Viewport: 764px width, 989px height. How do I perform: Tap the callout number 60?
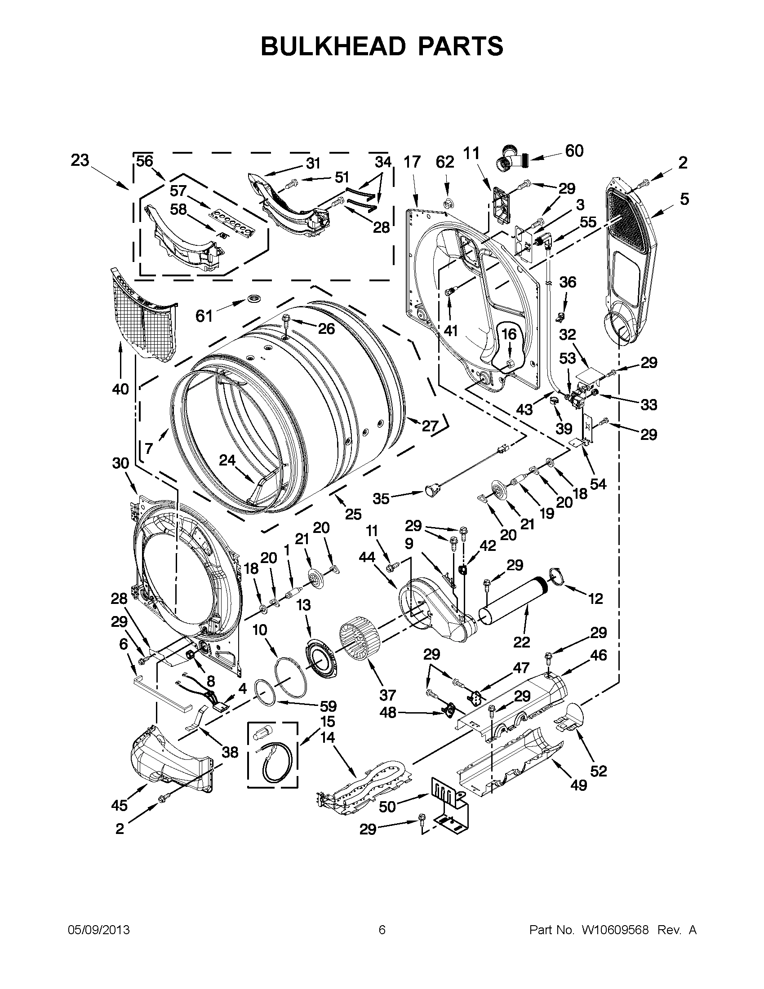tap(574, 151)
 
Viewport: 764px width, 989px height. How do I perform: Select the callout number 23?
tap(80, 160)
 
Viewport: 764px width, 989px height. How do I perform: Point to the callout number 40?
tap(120, 389)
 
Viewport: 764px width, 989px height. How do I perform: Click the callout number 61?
tap(204, 315)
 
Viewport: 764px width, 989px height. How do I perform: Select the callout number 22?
tap(522, 642)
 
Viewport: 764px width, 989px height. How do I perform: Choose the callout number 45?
tap(120, 805)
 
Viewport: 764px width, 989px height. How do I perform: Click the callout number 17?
tap(412, 162)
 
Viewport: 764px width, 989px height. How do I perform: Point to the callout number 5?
tap(684, 198)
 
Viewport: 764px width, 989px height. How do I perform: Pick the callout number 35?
tap(381, 499)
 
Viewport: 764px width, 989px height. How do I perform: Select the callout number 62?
tap(445, 162)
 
